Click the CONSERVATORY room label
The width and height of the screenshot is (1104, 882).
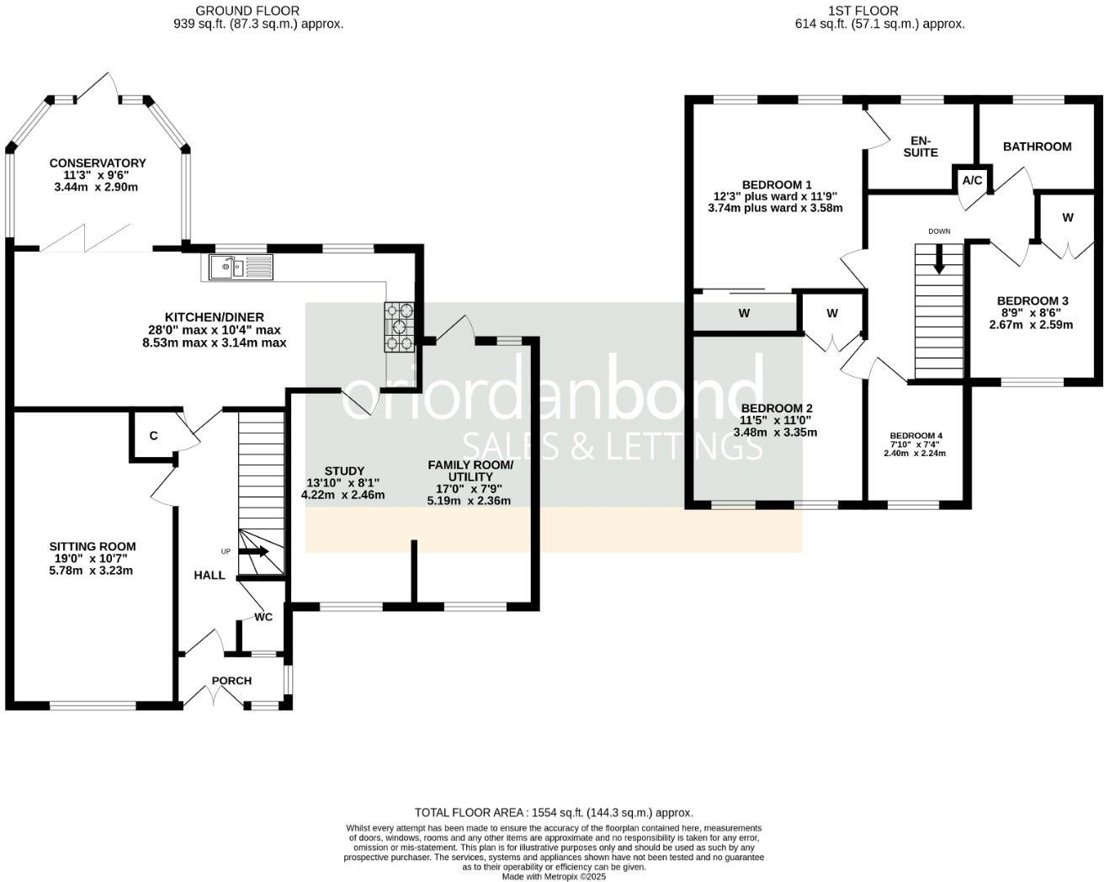97,163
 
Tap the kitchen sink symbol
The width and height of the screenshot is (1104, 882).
238,268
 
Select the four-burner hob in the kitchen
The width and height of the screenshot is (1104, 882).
401,327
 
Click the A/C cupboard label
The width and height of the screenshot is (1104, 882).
972,181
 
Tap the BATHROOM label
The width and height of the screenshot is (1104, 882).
1037,146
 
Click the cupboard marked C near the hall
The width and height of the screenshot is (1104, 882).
153,436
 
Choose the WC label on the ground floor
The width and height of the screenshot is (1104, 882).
263,617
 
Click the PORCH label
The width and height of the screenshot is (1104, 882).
231,681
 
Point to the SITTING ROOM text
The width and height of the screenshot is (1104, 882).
92,546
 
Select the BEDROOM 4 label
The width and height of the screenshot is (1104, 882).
916,436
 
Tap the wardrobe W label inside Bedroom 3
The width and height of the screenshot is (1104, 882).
1067,218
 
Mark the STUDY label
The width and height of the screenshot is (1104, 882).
344,470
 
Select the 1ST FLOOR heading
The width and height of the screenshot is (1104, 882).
879,11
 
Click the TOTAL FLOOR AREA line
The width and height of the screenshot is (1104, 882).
554,812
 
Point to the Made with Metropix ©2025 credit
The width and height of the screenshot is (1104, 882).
554,876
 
